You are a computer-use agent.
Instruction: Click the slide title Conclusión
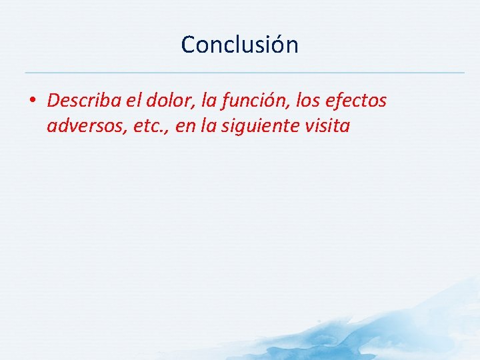[239, 45]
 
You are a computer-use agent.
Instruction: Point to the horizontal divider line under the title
[244, 72]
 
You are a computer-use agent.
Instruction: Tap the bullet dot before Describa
[33, 101]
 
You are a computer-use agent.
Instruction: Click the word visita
[327, 126]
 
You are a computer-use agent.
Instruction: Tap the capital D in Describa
[53, 101]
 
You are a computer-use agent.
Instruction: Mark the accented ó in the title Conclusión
[275, 45]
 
